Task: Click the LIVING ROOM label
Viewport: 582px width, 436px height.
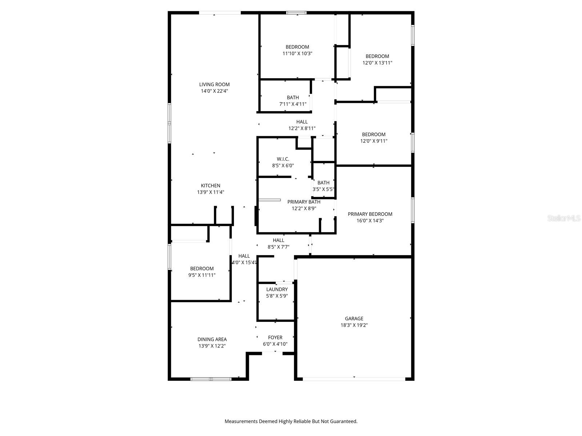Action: (x=214, y=85)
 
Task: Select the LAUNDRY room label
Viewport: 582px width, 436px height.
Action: (x=277, y=290)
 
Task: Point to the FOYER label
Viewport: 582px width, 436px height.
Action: (x=275, y=338)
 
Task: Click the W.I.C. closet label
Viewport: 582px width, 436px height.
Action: (x=283, y=159)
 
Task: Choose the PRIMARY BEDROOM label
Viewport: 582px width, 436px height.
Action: (x=370, y=214)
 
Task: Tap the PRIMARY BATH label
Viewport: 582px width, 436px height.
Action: (x=304, y=202)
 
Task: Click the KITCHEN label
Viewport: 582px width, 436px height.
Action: (x=211, y=186)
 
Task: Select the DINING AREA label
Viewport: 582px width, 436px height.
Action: (x=212, y=339)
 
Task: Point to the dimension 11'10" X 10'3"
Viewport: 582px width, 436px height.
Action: (x=297, y=53)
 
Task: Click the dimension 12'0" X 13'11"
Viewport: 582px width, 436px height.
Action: (x=377, y=63)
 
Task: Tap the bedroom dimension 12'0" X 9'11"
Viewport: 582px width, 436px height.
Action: (x=374, y=141)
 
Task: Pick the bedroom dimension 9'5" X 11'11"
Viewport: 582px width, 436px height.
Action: (x=202, y=275)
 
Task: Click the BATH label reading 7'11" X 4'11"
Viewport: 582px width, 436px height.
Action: (x=293, y=97)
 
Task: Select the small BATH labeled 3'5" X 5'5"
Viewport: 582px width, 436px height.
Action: (x=323, y=183)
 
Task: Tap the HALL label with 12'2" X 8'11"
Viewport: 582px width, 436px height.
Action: (x=302, y=122)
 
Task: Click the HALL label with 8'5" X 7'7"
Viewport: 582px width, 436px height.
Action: (x=278, y=240)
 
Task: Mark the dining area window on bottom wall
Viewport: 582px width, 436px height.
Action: (x=211, y=379)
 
